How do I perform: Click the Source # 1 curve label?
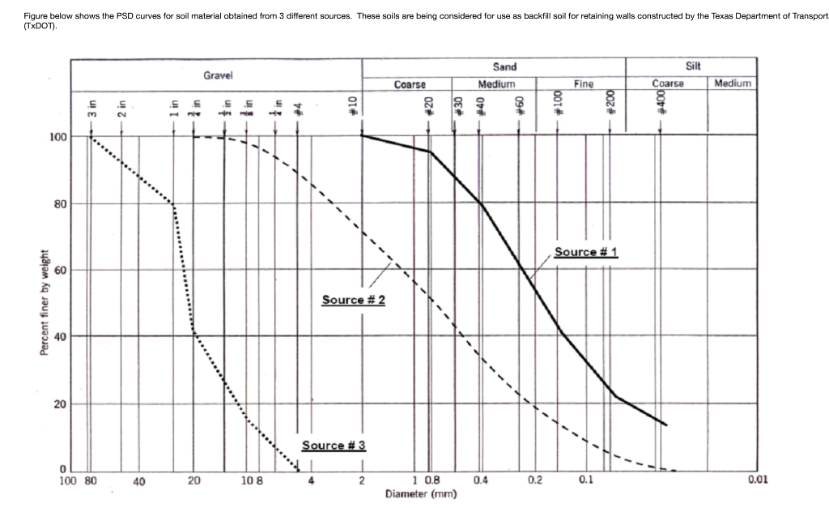586,252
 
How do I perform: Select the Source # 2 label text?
353,300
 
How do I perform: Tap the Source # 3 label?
334,445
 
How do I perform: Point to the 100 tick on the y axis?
57,137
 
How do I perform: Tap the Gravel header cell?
218,75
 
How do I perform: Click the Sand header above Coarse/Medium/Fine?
504,67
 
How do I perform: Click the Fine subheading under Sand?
583,83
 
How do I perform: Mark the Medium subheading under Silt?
733,83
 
